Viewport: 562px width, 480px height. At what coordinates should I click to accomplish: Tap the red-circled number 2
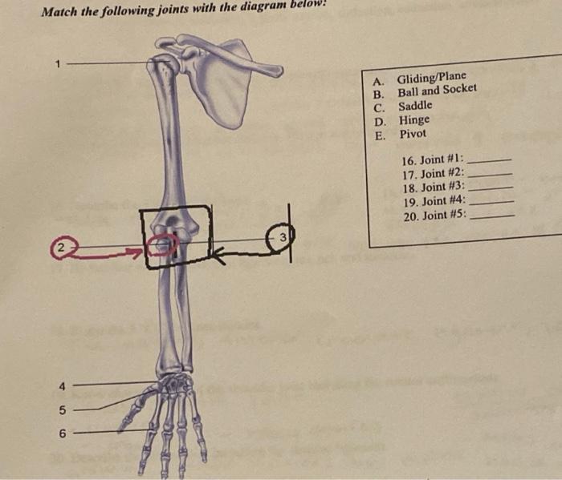coord(61,248)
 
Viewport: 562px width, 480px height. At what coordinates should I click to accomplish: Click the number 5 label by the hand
coord(62,410)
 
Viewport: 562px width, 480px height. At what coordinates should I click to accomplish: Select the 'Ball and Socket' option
coord(437,91)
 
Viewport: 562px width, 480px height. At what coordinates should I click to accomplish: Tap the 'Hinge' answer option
coord(413,119)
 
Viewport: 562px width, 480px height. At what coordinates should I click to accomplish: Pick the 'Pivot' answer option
coord(413,134)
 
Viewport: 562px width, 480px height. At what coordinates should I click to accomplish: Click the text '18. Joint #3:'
coord(431,188)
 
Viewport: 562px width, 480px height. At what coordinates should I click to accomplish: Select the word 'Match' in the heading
coord(59,11)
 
